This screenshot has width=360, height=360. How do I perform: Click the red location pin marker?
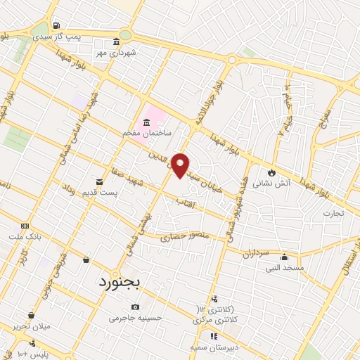coord(181,165)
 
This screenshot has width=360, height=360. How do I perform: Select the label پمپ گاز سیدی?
coord(79,35)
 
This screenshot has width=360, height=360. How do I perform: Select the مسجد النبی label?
coord(285,267)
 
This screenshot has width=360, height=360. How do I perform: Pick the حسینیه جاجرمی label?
coord(136,317)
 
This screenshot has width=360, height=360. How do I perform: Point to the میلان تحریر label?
coord(30,326)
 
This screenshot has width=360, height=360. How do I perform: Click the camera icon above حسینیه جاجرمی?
coord(136,307)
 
